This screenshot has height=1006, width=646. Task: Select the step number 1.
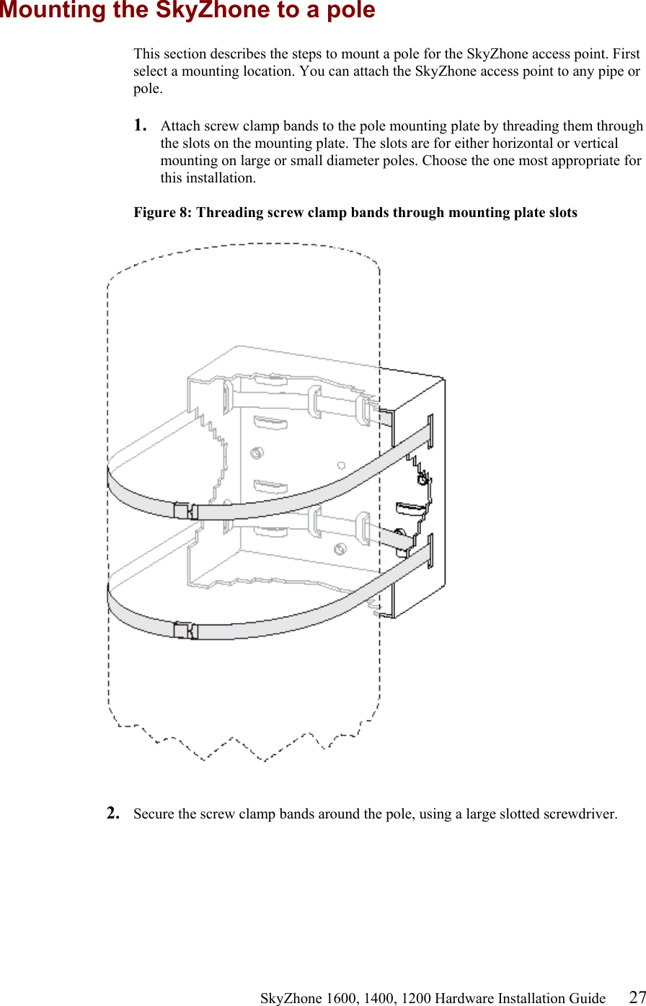(x=140, y=125)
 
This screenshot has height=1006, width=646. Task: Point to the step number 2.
(x=112, y=813)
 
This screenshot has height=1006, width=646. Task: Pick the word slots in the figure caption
(x=561, y=213)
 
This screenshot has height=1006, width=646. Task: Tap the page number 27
(x=637, y=997)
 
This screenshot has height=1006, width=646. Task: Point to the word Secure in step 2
(x=154, y=814)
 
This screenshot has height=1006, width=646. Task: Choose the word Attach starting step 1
(x=180, y=126)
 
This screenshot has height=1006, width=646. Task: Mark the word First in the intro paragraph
(x=627, y=54)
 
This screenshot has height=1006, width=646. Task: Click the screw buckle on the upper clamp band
(x=186, y=511)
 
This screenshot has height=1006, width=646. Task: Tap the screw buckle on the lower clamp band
(x=186, y=630)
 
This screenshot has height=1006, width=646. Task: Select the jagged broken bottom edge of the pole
(x=245, y=743)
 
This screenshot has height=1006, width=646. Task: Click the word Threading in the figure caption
(x=228, y=213)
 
